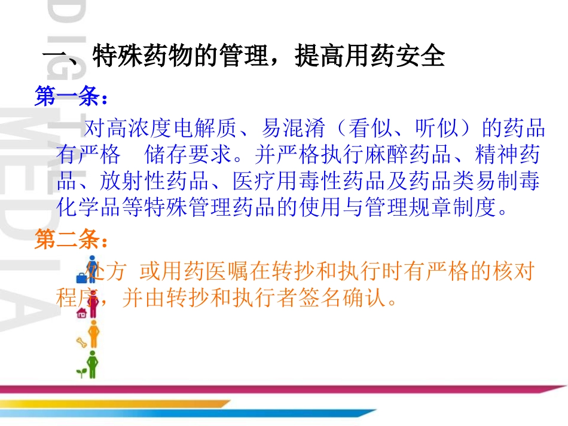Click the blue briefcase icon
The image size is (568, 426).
(x=81, y=277)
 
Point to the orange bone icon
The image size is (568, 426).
(x=81, y=342)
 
